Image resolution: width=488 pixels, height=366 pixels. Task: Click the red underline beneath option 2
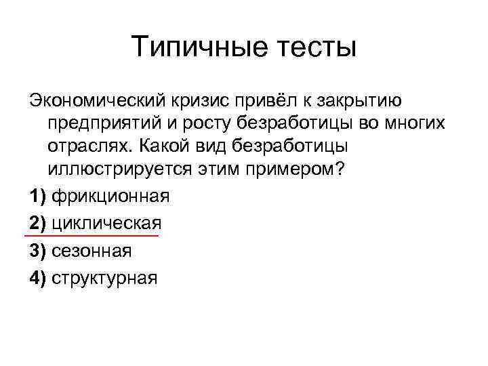91,236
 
